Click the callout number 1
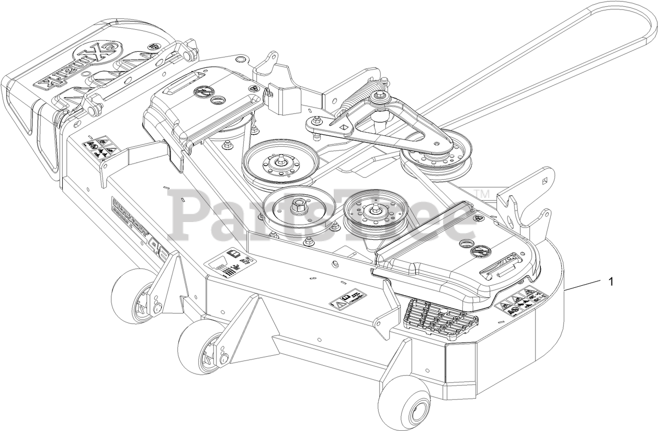coord(610,282)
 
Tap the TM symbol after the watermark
coord(483,195)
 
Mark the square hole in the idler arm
coord(344,126)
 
